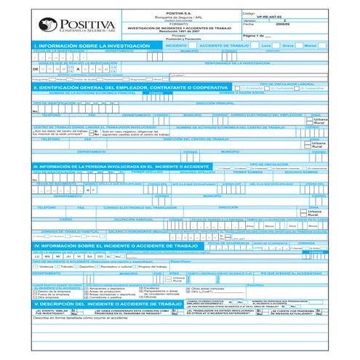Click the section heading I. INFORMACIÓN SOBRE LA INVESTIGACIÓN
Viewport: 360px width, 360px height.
(80, 45)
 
